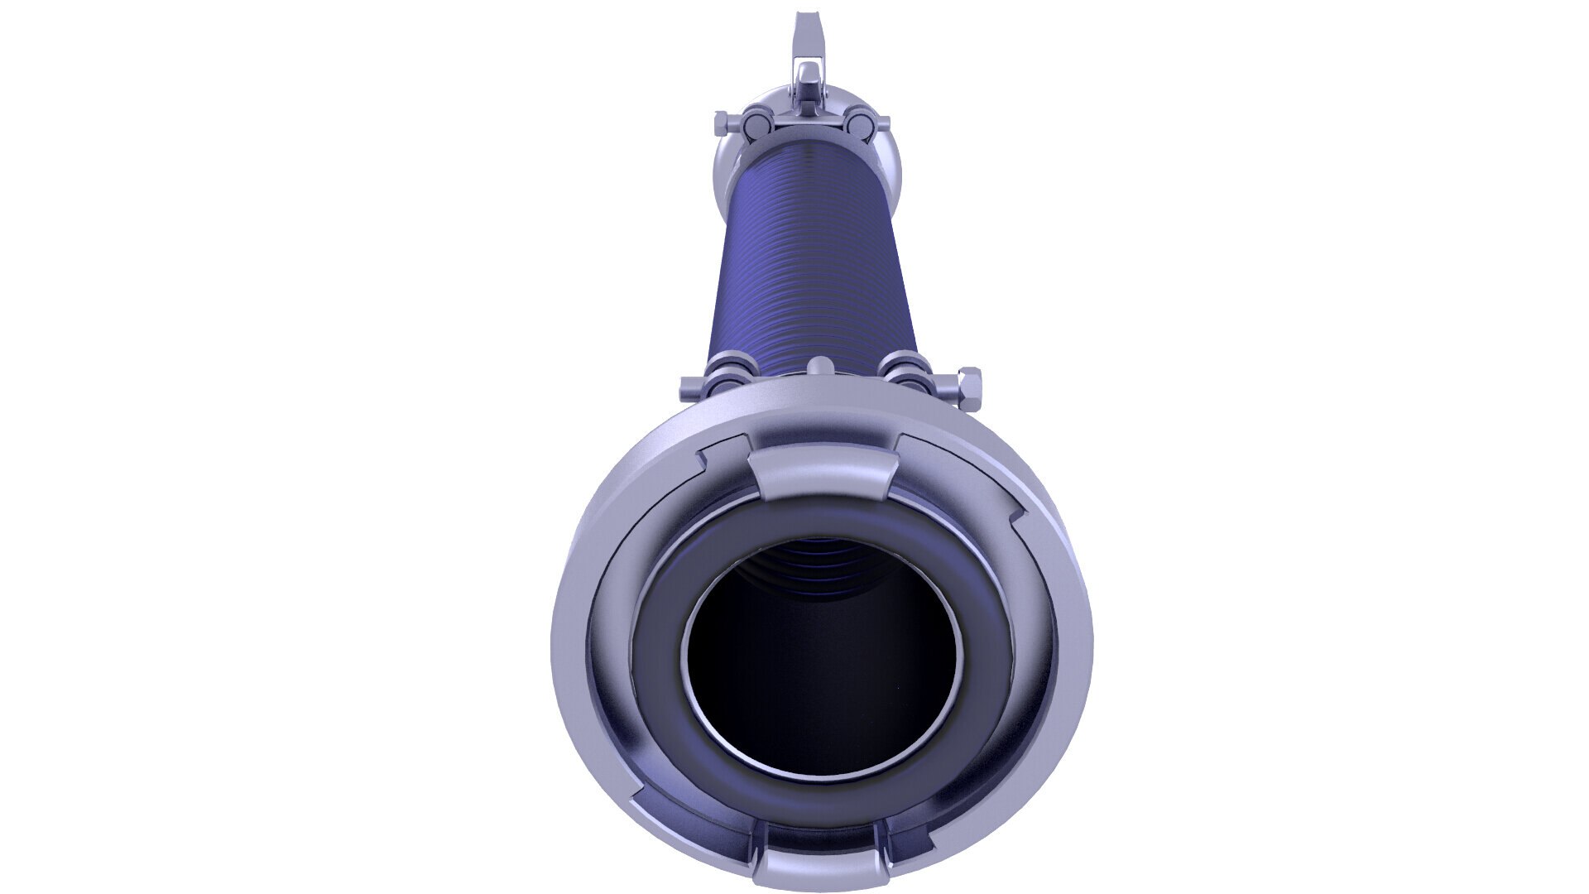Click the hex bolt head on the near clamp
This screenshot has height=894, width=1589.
[966, 385]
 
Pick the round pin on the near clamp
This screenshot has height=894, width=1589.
[819, 367]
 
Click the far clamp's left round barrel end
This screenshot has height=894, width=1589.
[756, 124]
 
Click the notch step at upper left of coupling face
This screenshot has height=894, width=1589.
[703, 455]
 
